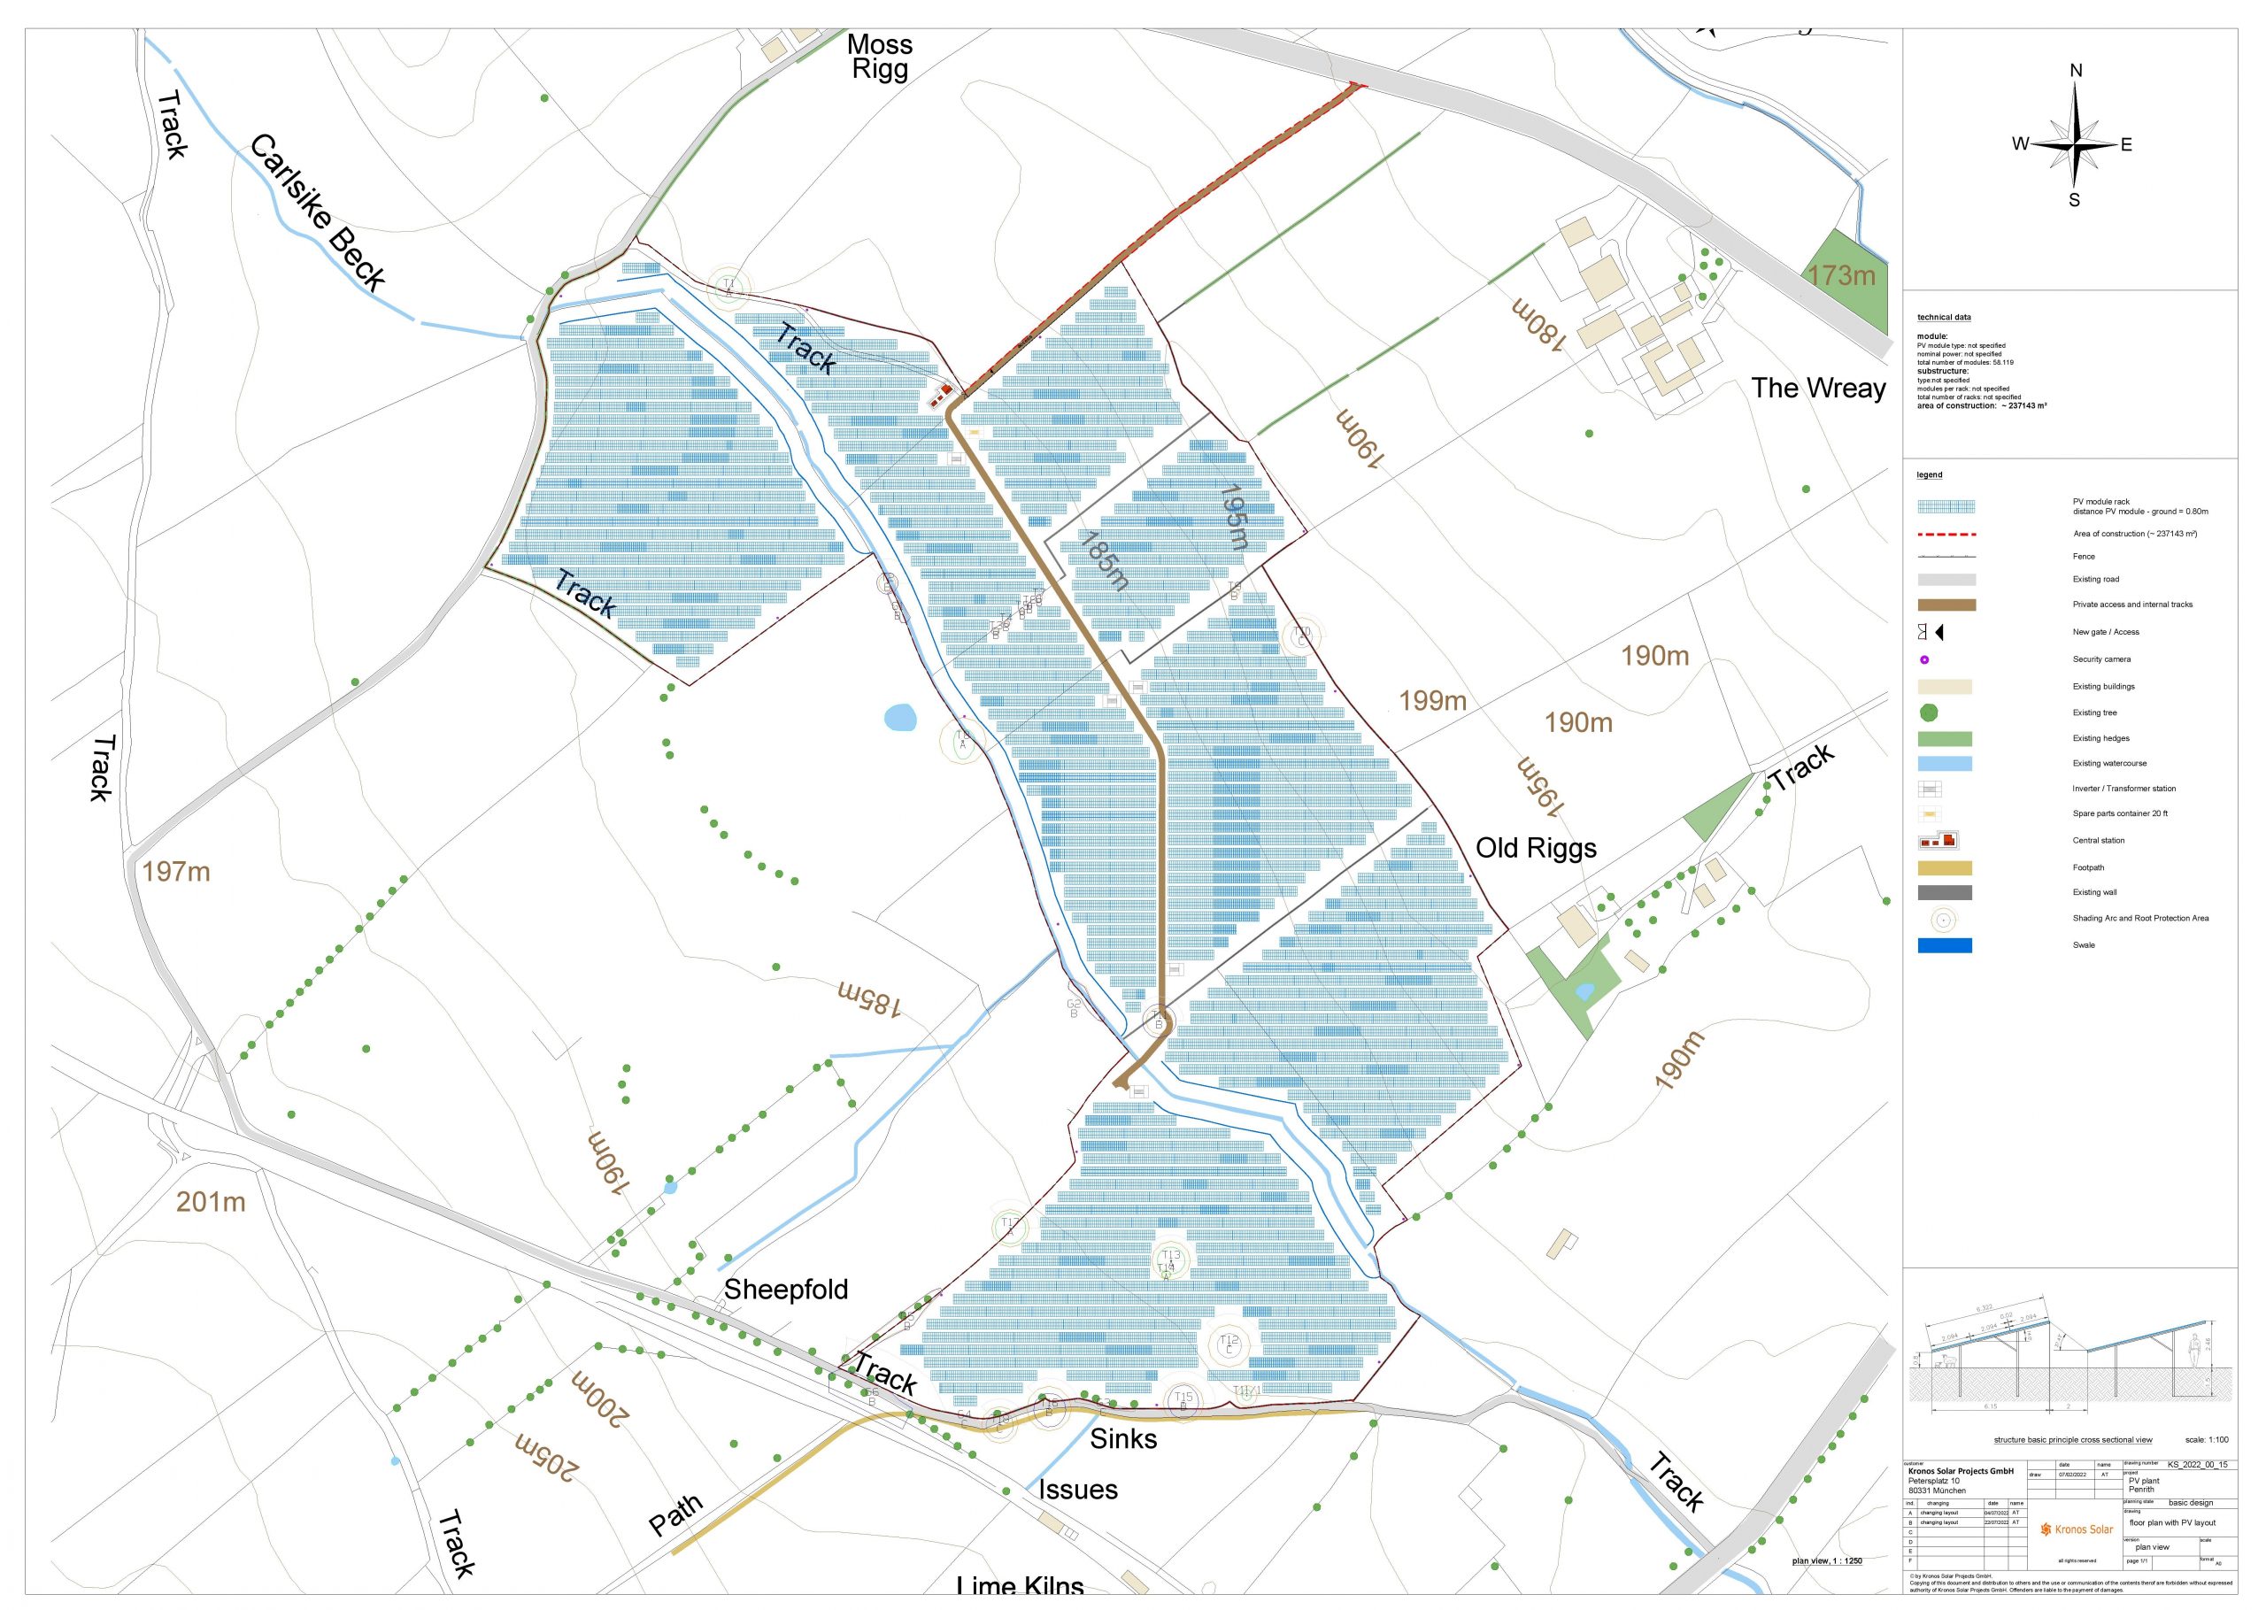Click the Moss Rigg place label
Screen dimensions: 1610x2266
878,57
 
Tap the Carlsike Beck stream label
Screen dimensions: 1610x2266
317,213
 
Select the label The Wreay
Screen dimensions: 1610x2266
1817,388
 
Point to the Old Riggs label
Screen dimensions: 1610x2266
1536,848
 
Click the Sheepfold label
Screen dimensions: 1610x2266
785,1289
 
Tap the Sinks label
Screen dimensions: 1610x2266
1123,1438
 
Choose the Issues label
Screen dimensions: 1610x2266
1077,1489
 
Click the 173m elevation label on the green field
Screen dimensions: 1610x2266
1841,274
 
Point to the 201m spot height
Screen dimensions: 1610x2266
210,1202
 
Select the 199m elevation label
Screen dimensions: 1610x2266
1431,701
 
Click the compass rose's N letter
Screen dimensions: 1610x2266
2076,71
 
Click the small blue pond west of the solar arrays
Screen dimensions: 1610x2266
206,717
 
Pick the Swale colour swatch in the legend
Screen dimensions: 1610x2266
1944,944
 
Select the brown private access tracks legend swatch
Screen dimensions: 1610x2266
1946,605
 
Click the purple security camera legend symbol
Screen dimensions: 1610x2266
1924,659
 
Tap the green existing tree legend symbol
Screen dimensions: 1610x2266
1928,712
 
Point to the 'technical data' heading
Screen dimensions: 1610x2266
1943,317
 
